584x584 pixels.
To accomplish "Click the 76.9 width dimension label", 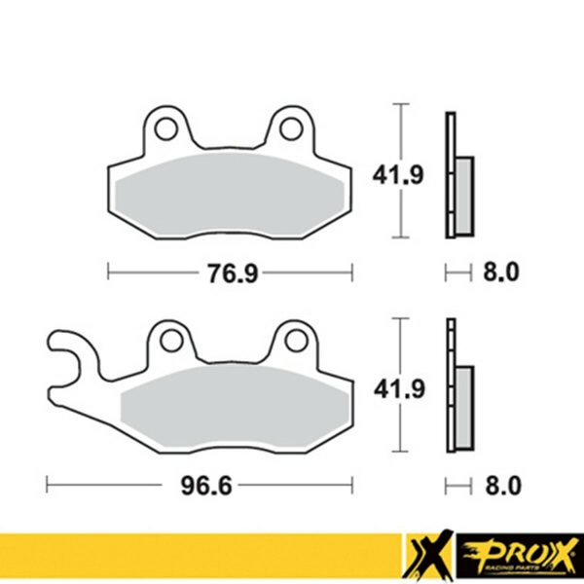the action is point(233,273).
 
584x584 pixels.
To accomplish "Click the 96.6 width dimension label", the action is point(206,486).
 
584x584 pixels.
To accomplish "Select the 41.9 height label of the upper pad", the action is point(398,175).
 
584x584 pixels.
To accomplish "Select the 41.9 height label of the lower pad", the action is point(399,389).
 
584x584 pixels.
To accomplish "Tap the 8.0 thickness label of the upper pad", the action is point(501,272).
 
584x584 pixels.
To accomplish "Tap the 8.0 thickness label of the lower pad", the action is point(503,486).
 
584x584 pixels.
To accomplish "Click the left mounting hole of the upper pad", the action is point(166,128).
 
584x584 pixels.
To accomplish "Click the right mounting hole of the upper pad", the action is point(291,128).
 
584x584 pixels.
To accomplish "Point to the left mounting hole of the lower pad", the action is point(171,341).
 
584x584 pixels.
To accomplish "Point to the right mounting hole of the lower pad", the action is point(296,341).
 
